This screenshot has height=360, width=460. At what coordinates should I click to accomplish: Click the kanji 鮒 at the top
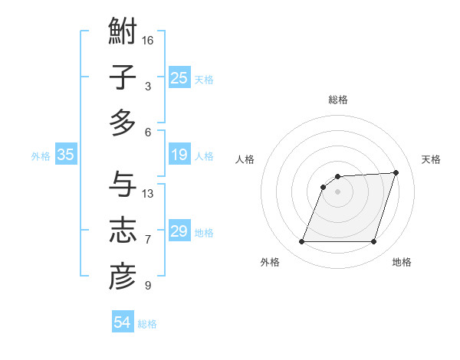pyautogui.click(x=123, y=33)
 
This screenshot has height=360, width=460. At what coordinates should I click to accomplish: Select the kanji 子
pyautogui.click(x=123, y=78)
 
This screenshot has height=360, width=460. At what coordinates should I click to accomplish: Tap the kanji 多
pyautogui.click(x=123, y=123)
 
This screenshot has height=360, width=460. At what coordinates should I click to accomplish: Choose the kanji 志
pyautogui.click(x=123, y=231)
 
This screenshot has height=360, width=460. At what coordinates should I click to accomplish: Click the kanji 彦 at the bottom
pyautogui.click(x=123, y=277)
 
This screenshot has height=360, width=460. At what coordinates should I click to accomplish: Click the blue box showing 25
pyautogui.click(x=179, y=78)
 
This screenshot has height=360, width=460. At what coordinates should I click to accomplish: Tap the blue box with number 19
pyautogui.click(x=179, y=155)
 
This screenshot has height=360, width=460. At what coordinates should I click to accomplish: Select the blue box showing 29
pyautogui.click(x=179, y=231)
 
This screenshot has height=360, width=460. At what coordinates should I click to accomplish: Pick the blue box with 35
pyautogui.click(x=65, y=155)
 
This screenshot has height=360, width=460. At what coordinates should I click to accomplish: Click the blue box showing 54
pyautogui.click(x=122, y=323)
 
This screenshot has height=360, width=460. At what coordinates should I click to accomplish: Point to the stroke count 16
pyautogui.click(x=148, y=40)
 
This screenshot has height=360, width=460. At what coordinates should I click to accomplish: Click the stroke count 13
pyautogui.click(x=148, y=193)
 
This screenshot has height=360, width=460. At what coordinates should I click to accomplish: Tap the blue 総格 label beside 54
pyautogui.click(x=147, y=324)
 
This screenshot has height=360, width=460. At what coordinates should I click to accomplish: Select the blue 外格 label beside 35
pyautogui.click(x=41, y=156)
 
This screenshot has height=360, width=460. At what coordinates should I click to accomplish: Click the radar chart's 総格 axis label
pyautogui.click(x=337, y=100)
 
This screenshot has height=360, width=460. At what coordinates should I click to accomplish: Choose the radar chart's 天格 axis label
pyautogui.click(x=431, y=159)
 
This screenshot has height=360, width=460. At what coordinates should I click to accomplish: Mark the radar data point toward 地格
pyautogui.click(x=373, y=242)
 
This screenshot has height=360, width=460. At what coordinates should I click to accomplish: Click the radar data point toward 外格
pyautogui.click(x=301, y=242)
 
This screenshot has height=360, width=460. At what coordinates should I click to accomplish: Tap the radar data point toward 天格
pyautogui.click(x=396, y=172)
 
